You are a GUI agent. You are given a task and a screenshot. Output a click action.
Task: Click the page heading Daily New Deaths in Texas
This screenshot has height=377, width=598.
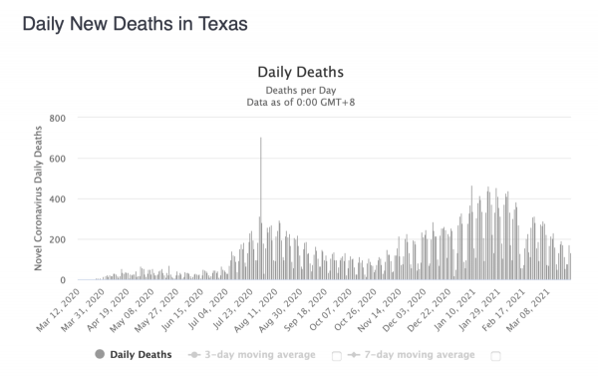point(135,24)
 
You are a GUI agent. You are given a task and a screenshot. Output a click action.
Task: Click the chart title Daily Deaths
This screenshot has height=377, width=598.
point(301,72)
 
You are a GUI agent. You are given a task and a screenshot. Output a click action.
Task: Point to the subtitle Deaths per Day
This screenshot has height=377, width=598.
point(301,91)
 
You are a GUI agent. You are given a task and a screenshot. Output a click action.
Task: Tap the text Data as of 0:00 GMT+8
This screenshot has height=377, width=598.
point(301,103)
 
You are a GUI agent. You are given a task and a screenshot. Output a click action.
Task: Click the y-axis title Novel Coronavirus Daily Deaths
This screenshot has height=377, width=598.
point(38,198)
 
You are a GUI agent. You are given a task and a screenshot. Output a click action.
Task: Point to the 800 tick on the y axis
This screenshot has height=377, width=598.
point(57,119)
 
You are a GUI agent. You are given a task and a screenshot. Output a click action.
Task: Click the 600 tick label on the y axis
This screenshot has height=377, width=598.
point(57,159)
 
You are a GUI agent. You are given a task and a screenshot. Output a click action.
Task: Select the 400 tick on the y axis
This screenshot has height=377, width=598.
point(57,199)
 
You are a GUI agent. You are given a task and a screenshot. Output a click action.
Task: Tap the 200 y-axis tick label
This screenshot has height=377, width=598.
point(57,239)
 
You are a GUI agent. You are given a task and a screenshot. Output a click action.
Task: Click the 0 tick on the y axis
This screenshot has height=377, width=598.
point(63,280)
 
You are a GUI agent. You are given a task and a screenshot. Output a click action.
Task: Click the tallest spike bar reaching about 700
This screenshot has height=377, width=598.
point(261,208)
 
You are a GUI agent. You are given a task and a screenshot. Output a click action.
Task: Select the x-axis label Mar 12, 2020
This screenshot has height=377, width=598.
point(59,310)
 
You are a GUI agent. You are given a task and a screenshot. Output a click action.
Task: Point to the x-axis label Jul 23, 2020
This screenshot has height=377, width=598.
point(232,309)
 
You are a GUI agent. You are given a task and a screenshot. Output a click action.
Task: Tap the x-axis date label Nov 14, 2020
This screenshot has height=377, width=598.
point(380,310)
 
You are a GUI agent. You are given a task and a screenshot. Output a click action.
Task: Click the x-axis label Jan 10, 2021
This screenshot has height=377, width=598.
point(454,309)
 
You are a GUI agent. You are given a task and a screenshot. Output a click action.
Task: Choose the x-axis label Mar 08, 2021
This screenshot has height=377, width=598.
point(528,310)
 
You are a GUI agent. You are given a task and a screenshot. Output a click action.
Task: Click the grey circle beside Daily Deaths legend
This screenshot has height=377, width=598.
point(100,354)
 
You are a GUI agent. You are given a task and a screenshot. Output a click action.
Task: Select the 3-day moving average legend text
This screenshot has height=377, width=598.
point(260,355)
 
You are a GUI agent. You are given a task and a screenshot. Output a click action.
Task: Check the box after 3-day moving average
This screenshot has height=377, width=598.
point(337,356)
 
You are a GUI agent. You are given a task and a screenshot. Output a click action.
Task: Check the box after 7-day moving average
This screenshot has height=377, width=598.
point(495,356)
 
